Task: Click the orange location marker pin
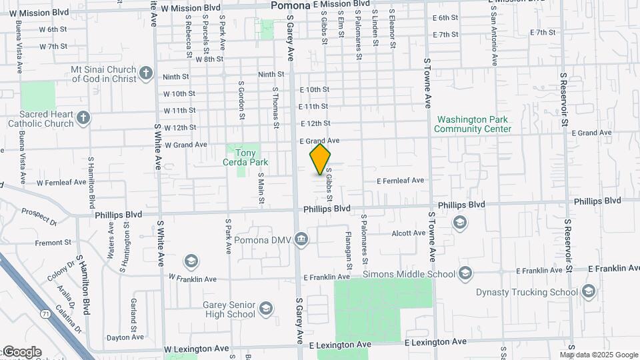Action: pos(320,159)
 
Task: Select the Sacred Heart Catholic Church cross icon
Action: pos(83,118)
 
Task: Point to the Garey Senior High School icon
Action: pos(265,309)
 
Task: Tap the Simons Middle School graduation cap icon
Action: pos(465,273)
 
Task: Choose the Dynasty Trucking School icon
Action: pos(587,291)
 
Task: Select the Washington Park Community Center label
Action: pos(474,124)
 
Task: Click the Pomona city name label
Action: pos(291,5)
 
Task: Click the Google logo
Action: pos(21,352)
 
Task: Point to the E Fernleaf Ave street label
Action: pos(400,181)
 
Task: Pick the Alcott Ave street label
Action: pos(409,233)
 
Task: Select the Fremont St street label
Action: pos(53,243)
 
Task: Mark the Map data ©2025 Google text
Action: pos(601,355)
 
